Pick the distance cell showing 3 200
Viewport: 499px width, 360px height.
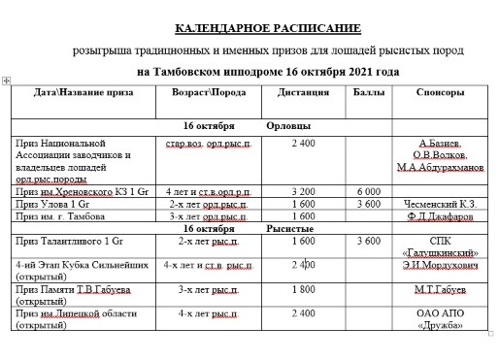pos(308,192)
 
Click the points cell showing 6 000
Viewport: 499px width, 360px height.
pos(369,192)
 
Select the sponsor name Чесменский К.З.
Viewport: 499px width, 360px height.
pos(442,205)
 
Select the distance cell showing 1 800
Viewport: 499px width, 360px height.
pos(308,289)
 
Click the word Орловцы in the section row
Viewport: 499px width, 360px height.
pos(288,126)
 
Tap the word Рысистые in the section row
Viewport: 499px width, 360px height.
pos(289,228)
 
